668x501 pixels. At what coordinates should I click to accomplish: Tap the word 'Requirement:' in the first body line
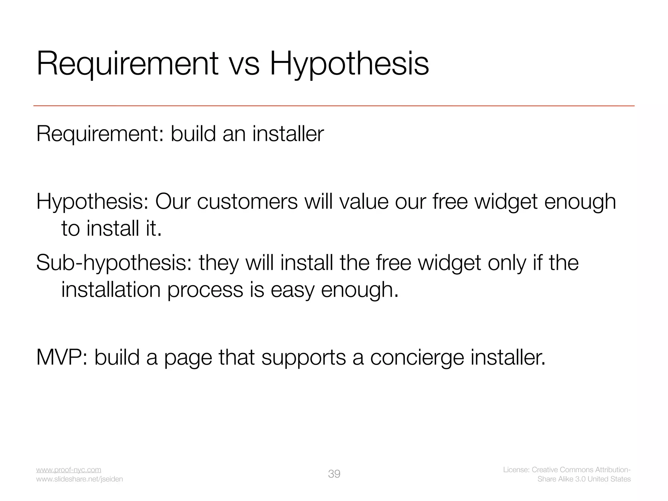[100, 134]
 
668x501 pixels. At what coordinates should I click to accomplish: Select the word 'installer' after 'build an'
[288, 134]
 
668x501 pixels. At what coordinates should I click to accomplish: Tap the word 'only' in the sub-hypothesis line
[507, 263]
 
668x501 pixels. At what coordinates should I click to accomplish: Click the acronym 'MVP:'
[62, 357]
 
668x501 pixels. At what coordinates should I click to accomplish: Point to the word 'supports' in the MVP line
[303, 358]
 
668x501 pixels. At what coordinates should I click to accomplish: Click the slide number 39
[334, 474]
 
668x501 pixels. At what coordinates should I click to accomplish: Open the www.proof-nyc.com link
[68, 470]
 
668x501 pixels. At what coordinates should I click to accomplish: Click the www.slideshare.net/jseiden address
[79, 479]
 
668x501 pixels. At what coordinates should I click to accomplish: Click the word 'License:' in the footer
[516, 470]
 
